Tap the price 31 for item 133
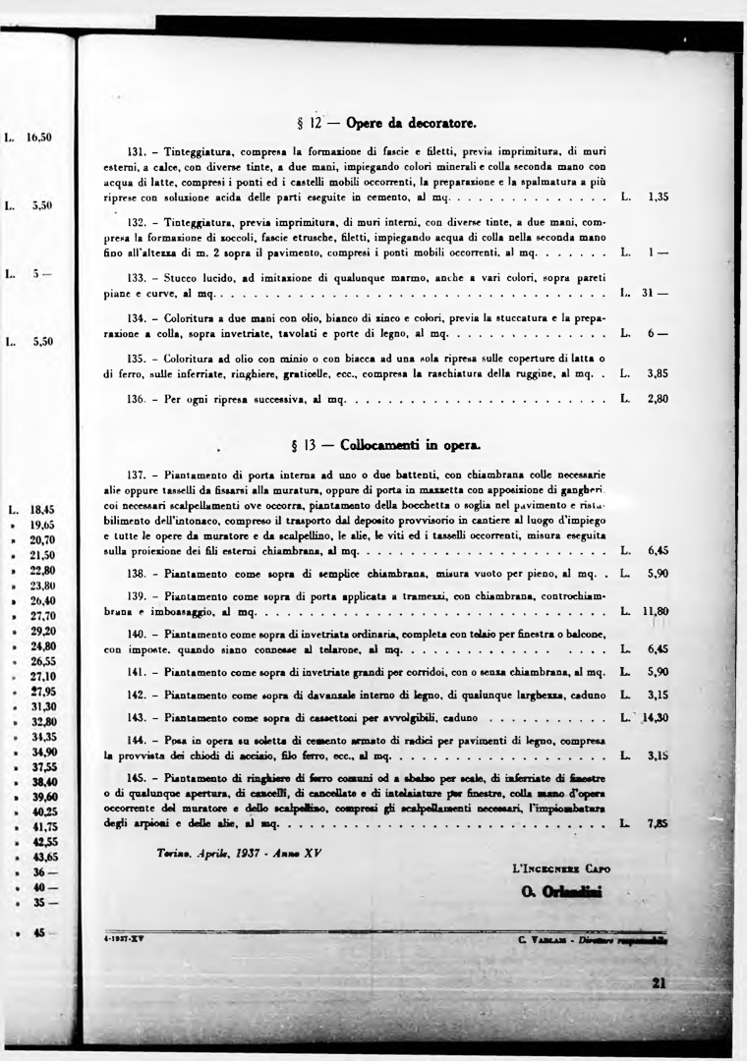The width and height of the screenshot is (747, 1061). [655, 293]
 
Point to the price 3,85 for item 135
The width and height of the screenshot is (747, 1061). [659, 373]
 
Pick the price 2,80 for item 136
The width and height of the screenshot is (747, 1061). [659, 399]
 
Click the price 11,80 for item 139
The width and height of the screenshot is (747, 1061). [656, 611]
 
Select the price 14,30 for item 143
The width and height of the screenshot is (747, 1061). [656, 717]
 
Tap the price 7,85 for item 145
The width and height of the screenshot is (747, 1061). [659, 823]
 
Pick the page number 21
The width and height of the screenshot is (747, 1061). [660, 983]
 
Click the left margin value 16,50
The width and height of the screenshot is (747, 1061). [38, 139]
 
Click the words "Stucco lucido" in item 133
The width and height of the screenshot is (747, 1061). [189, 278]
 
